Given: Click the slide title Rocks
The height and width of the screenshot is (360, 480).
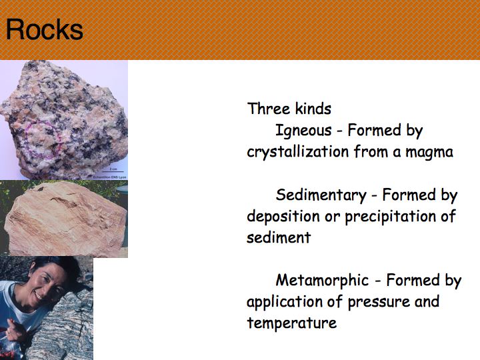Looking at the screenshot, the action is (45, 29).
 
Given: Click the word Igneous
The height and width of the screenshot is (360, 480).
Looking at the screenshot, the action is (303, 131).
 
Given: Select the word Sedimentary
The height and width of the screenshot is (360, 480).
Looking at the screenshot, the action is (321, 195).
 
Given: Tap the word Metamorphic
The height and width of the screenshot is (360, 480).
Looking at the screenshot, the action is (322, 280).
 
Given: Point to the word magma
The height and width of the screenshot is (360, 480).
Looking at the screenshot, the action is (429, 153).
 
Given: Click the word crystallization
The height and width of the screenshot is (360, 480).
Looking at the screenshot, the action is (298, 151).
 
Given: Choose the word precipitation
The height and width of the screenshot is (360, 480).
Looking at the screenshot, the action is (391, 217).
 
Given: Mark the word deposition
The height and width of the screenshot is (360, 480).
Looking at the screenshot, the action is (283, 217).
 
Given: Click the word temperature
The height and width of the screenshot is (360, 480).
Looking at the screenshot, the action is (292, 323).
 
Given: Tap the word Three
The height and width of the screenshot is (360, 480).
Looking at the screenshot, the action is (268, 109).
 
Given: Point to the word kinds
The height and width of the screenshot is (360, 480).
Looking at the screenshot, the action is (313, 109).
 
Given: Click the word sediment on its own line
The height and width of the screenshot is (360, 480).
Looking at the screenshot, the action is (279, 237).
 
